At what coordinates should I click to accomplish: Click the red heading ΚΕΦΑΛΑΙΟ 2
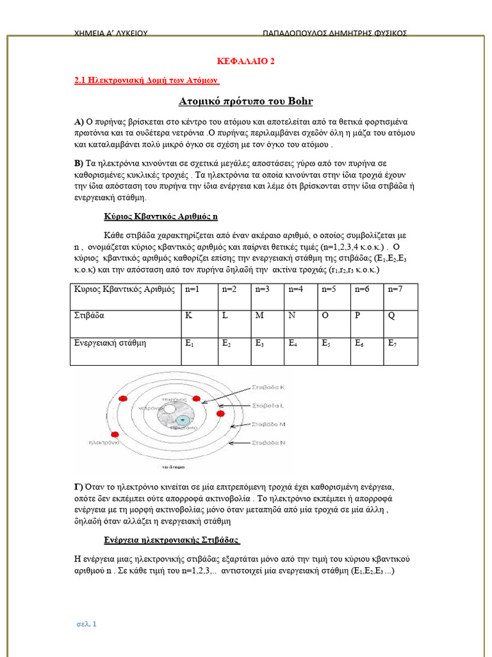click(246, 61)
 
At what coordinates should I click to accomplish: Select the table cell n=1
click(192, 290)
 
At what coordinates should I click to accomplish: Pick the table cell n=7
click(395, 290)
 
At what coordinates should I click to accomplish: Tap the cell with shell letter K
click(189, 316)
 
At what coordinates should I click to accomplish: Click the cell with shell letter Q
click(391, 316)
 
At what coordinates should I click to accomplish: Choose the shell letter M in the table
click(259, 316)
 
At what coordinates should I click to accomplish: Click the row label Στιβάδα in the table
click(90, 316)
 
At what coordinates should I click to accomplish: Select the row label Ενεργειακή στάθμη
click(111, 343)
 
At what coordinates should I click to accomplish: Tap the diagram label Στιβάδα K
click(270, 388)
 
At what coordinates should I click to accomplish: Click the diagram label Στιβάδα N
click(270, 443)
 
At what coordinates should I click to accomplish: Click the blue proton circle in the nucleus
click(183, 420)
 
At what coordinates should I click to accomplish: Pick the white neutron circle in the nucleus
click(170, 409)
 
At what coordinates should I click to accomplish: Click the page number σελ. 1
click(85, 623)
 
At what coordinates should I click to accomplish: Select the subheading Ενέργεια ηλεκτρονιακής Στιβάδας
click(172, 538)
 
